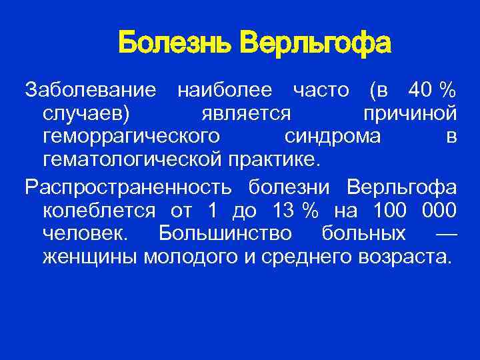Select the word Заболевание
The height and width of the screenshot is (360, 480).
pyautogui.click(x=91, y=90)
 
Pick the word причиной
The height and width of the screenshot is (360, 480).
pyautogui.click(x=410, y=114)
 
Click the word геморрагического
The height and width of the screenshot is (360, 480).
pyautogui.click(x=131, y=138)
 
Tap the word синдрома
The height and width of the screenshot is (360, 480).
pyautogui.click(x=333, y=137)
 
